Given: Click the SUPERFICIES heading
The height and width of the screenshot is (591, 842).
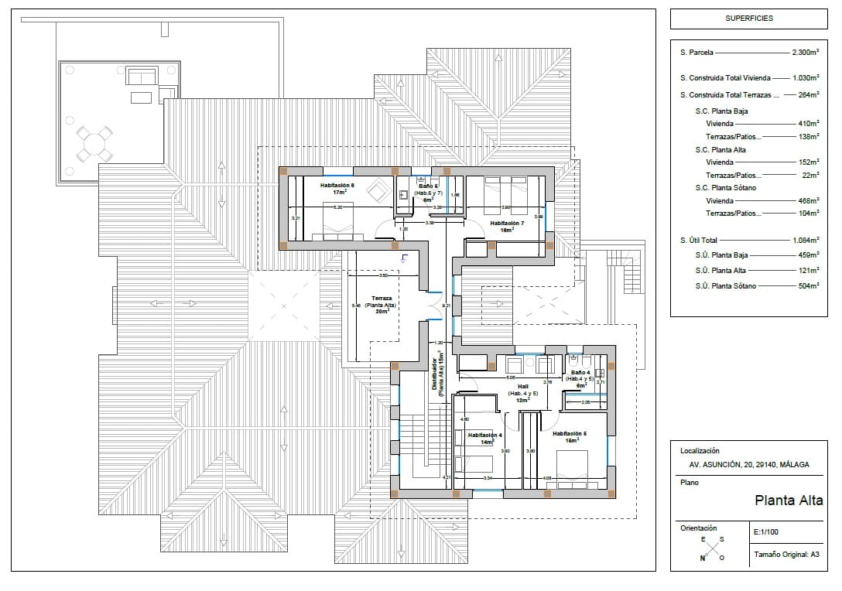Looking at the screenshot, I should pos(748,18).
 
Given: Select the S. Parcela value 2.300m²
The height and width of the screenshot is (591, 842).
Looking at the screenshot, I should pos(805,53).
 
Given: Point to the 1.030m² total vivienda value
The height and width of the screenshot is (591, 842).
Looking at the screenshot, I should pos(805,78).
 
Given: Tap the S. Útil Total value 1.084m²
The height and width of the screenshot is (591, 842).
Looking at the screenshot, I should pos(805,240).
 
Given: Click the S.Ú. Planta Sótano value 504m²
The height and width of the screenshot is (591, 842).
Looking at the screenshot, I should pos(808,286).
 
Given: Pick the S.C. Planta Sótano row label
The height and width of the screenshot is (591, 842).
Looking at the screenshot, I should pos(726,188).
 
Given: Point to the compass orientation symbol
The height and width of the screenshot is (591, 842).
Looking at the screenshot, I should pos(712,548).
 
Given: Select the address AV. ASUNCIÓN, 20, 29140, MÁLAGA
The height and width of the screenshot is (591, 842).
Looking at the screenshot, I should pos(749,465).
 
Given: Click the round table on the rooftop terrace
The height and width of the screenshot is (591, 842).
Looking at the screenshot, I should pos(92,143).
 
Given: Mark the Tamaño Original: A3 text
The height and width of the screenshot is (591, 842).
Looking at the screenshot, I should pos(786,555).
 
